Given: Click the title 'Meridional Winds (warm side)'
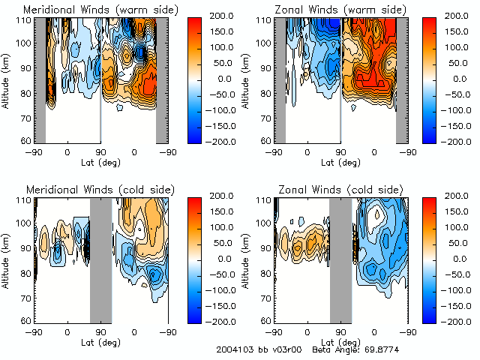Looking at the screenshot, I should click(101, 10).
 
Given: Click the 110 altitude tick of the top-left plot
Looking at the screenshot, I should click(24, 19).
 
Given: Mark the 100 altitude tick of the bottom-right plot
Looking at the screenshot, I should click(264, 223).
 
